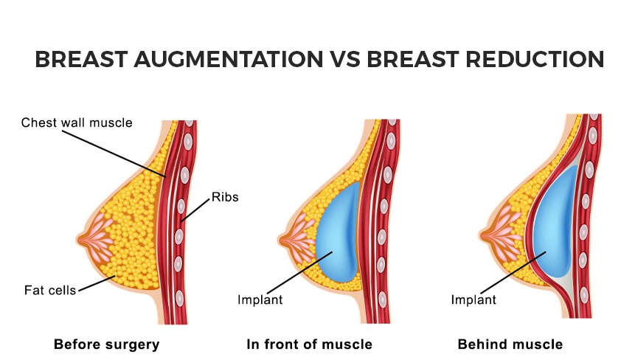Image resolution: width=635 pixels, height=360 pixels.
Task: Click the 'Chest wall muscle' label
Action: point(77,122)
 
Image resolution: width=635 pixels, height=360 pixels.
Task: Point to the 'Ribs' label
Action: point(226,198)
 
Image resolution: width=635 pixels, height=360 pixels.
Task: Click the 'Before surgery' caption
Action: point(106,344)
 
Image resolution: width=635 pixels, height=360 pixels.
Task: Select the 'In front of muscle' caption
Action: point(309,344)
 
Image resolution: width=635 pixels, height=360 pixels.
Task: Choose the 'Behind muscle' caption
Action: point(510,344)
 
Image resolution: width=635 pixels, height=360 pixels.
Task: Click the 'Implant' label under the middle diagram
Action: point(260,300)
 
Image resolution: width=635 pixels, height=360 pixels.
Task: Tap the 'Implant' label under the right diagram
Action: point(473,300)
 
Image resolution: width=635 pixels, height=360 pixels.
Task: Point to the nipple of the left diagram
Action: point(81,239)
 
